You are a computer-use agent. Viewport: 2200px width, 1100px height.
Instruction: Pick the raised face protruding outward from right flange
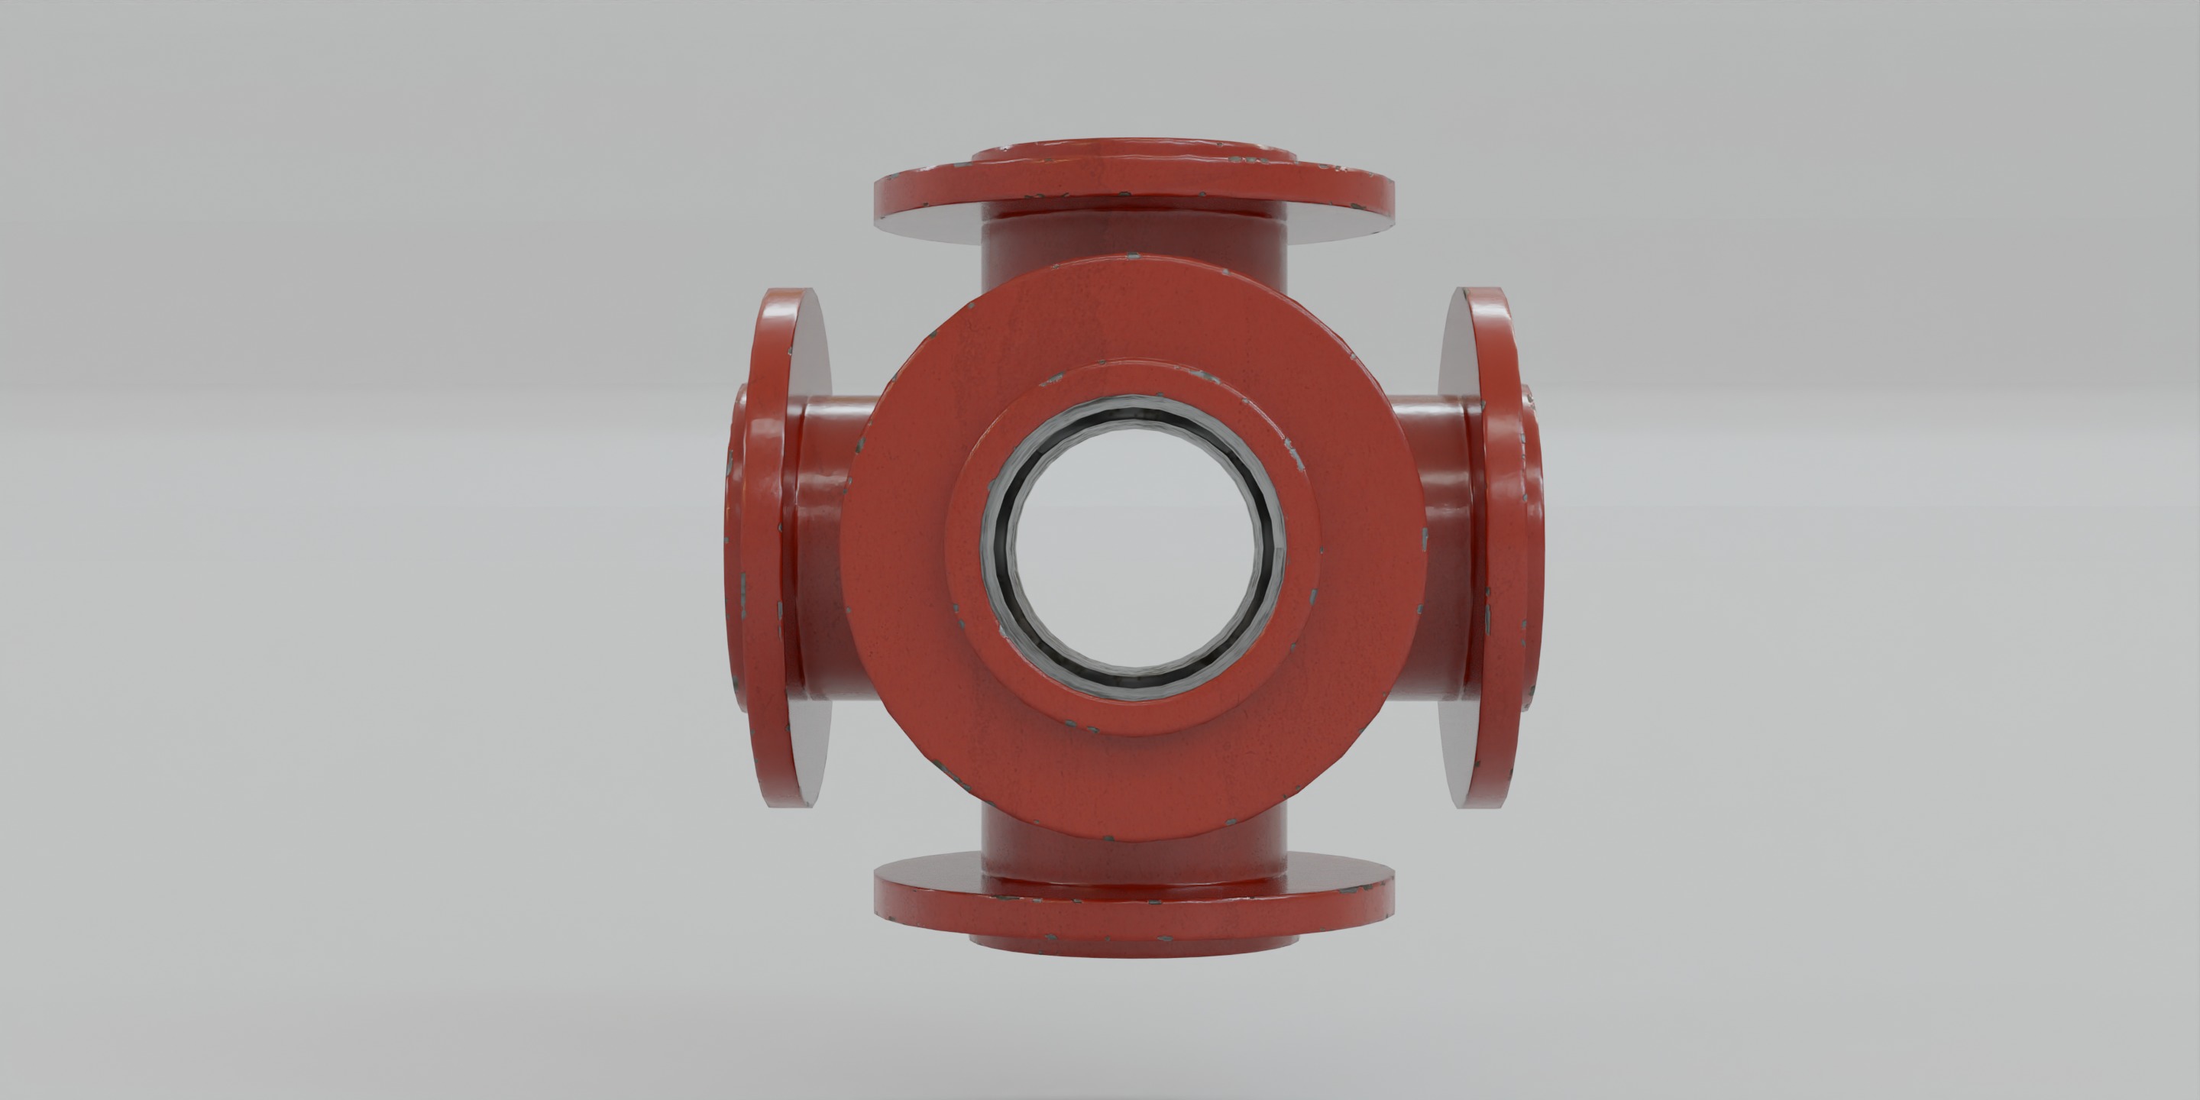pyautogui.click(x=1535, y=547)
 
